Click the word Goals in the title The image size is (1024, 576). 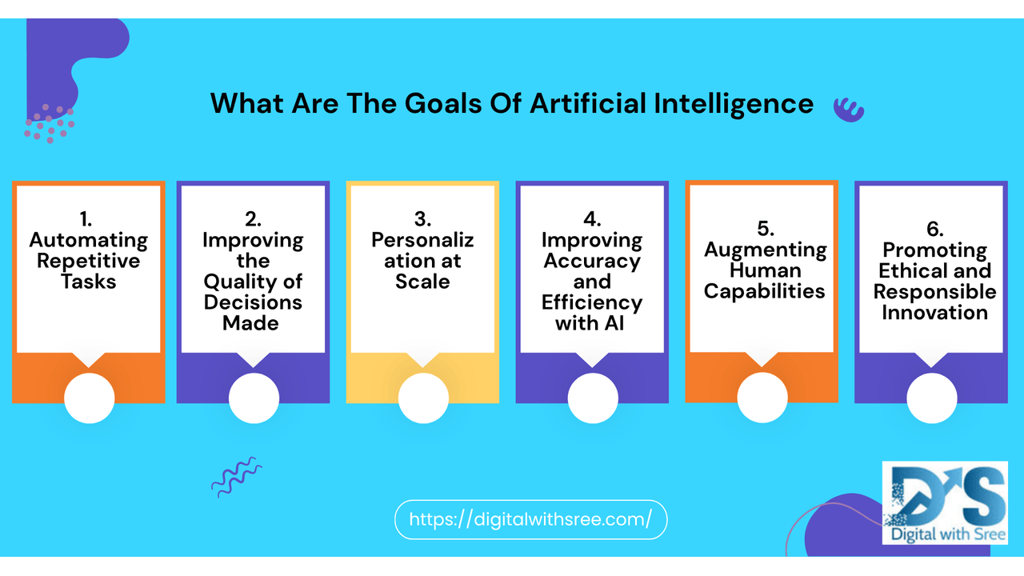463,104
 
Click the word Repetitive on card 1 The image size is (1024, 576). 88,261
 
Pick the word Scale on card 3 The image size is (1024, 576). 422,282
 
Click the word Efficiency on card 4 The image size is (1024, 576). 592,302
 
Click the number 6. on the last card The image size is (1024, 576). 934,229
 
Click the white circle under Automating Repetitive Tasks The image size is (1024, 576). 90,398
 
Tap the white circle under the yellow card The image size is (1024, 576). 423,398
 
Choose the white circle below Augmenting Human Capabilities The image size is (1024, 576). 762,398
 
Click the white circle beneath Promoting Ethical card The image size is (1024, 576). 932,398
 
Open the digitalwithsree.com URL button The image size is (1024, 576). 530,519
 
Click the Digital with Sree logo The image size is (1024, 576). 945,502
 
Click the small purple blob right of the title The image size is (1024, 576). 848,108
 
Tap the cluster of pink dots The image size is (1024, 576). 49,123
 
